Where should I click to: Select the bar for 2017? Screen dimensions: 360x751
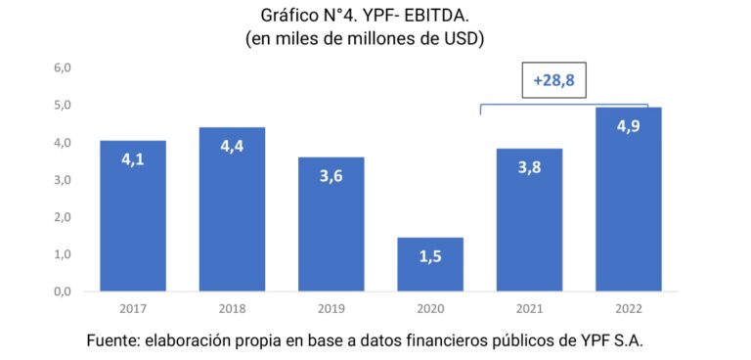132,216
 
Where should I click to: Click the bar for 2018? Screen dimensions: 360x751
232,209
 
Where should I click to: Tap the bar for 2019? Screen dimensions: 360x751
331,224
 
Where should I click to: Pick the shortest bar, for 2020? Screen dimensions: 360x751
430,264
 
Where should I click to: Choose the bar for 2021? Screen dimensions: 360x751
529,220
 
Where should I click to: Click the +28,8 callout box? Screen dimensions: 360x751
553,82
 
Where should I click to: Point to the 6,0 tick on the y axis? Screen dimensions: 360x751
63,67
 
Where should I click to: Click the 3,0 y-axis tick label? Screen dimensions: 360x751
63,180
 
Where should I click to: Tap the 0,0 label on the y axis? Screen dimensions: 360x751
63,292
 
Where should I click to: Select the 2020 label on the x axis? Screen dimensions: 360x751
430,308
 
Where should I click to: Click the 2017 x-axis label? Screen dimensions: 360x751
132,308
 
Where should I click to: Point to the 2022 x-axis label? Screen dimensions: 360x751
628,308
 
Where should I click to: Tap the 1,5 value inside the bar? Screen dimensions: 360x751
430,256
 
